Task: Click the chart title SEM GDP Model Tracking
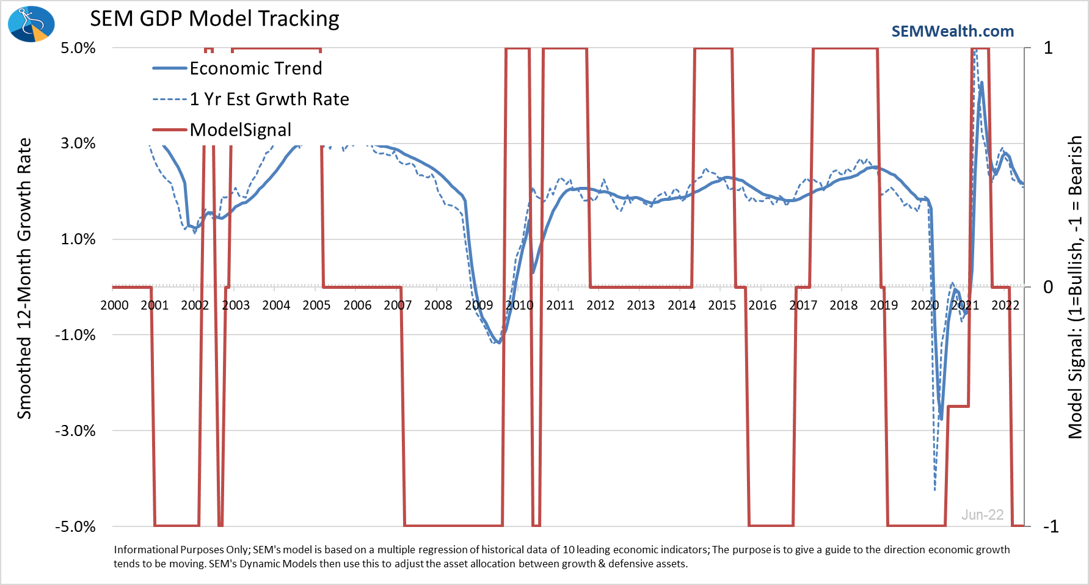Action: pyautogui.click(x=214, y=18)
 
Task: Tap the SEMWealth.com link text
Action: pyautogui.click(x=953, y=31)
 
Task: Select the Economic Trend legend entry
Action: pyautogui.click(x=238, y=68)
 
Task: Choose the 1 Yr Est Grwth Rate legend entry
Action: pyautogui.click(x=251, y=99)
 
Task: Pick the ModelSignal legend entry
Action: pyautogui.click(x=222, y=129)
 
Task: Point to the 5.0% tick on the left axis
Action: pyautogui.click(x=78, y=48)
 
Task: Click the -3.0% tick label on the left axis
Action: pyautogui.click(x=76, y=431)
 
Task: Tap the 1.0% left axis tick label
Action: pyautogui.click(x=78, y=239)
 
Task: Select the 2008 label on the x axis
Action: pyautogui.click(x=438, y=305)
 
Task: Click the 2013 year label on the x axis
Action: pyautogui.click(x=641, y=305)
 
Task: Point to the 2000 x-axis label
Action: pyautogui.click(x=114, y=305)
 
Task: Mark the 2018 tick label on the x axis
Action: pyautogui.click(x=843, y=305)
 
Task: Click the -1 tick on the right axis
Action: pyautogui.click(x=1051, y=526)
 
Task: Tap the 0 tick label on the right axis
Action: pyautogui.click(x=1048, y=287)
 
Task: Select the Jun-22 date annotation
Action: pyautogui.click(x=982, y=515)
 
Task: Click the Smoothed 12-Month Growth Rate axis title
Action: pyautogui.click(x=24, y=278)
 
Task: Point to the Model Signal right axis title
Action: pyautogui.click(x=1075, y=287)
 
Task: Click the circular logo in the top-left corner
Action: pyautogui.click(x=31, y=24)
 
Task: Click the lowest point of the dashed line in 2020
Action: pyautogui.click(x=935, y=490)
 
